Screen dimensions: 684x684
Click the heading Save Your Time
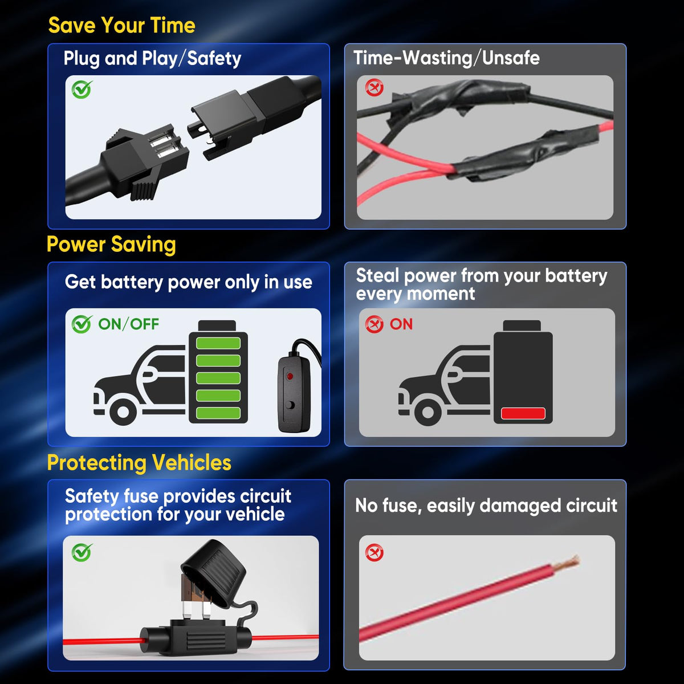click(x=121, y=26)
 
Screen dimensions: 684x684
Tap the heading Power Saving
click(x=111, y=245)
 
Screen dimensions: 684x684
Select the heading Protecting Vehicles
click(x=139, y=463)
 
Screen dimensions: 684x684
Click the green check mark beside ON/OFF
click(x=82, y=324)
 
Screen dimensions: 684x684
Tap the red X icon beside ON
click(x=374, y=324)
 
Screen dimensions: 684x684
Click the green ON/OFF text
click(x=128, y=324)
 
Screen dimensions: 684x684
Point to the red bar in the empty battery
click(x=523, y=413)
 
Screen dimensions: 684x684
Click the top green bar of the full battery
click(x=218, y=343)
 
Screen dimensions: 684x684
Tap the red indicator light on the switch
click(x=290, y=376)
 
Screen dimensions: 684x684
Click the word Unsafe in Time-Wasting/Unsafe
click(x=511, y=58)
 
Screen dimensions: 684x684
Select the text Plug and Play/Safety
click(x=152, y=59)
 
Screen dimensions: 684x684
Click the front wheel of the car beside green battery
click(x=123, y=412)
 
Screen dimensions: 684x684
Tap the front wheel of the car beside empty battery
click(x=427, y=412)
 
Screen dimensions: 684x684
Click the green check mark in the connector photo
click(x=82, y=89)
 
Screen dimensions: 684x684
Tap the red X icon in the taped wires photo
click(x=374, y=87)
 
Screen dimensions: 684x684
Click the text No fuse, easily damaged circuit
click(x=486, y=506)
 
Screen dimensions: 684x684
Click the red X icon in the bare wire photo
click(x=374, y=552)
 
